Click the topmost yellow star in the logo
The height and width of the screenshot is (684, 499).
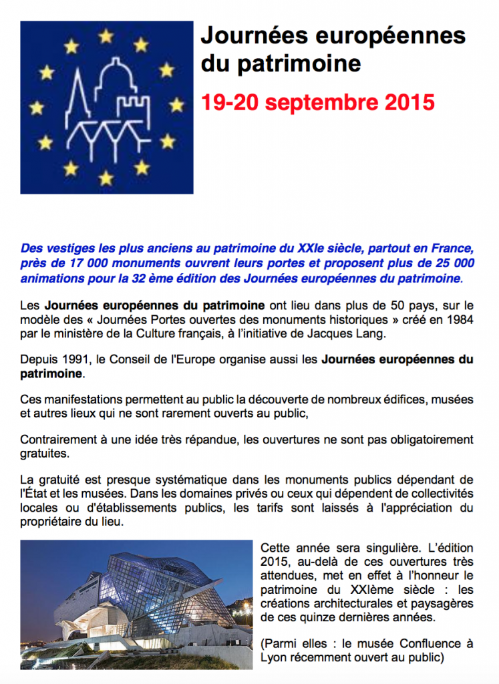(x=106, y=36)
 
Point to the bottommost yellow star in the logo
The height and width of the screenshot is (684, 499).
(x=106, y=178)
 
